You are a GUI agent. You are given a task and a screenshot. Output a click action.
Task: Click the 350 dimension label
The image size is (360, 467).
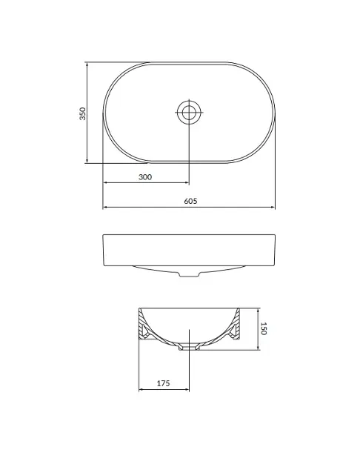[82, 113]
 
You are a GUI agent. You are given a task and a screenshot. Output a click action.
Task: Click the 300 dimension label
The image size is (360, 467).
[145, 177]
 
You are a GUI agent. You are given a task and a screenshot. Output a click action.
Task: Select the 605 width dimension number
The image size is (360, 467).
[190, 201]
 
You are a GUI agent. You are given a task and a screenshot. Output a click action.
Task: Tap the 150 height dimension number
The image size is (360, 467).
[263, 328]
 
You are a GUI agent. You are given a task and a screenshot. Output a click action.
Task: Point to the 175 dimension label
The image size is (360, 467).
[164, 383]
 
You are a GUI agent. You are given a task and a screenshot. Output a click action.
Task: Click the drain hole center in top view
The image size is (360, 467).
[189, 112]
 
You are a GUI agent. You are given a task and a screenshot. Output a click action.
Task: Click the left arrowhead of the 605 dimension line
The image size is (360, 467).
[105, 207]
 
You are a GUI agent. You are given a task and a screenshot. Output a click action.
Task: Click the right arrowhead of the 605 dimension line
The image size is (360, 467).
[273, 207]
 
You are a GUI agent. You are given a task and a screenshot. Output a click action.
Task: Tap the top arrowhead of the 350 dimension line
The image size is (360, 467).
[87, 64]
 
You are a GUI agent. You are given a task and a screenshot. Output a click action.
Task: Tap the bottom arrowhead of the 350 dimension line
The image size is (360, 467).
[87, 161]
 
